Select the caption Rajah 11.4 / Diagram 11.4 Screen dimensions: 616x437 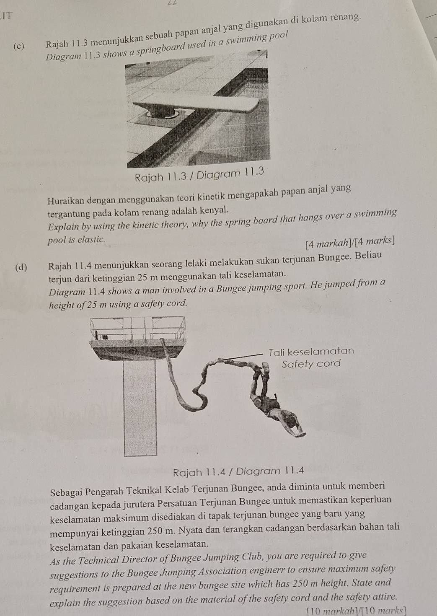tap(238, 471)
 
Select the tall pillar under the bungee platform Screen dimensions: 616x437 tap(140, 406)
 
